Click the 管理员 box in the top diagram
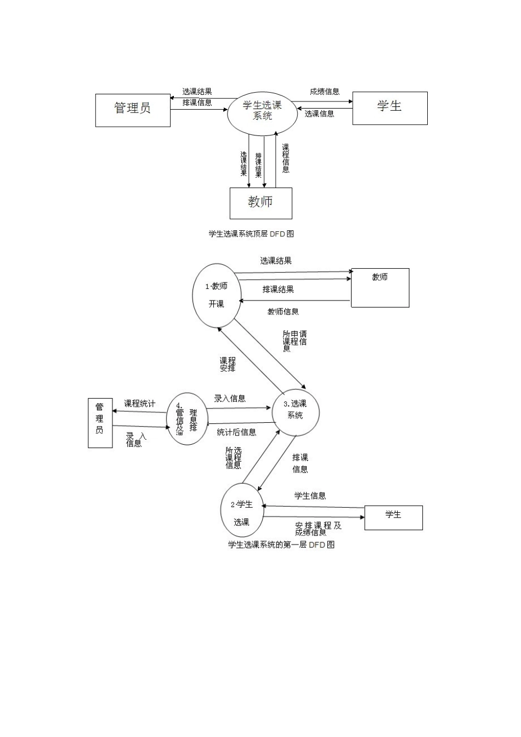133,110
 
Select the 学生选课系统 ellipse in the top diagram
262,111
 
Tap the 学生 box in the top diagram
389,108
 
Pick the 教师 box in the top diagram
260,203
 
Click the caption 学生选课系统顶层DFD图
251,234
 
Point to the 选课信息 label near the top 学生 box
320,114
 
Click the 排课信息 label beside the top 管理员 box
197,103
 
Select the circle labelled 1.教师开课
217,296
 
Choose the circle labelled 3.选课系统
296,412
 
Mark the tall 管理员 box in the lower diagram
100,423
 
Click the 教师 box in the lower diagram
380,288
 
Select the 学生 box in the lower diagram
393,518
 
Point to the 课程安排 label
228,364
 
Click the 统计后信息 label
236,432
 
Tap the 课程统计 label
139,404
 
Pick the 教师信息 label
283,311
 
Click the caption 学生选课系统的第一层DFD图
281,545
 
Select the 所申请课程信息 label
295,341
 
